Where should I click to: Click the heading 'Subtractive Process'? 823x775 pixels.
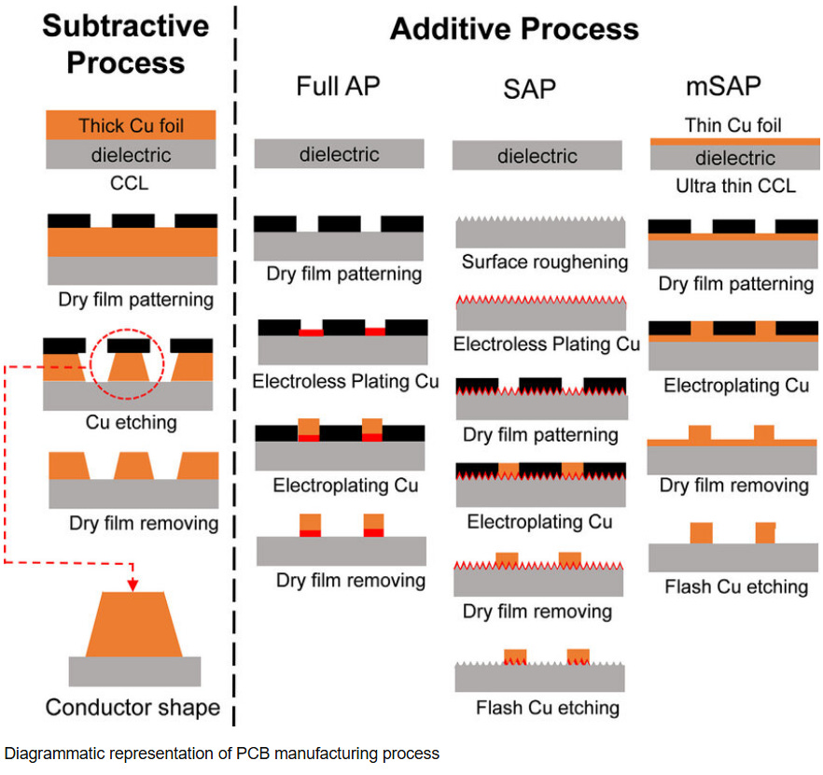pyautogui.click(x=113, y=45)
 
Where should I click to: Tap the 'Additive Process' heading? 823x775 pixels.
pyautogui.click(x=514, y=28)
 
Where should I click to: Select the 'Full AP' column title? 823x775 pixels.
pyautogui.click(x=339, y=87)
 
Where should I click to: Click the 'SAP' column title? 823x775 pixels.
pyautogui.click(x=529, y=90)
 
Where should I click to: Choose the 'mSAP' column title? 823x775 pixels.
pyautogui.click(x=722, y=87)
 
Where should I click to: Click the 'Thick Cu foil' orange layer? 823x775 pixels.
pyautogui.click(x=131, y=125)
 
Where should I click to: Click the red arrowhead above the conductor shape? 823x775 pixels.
pyautogui.click(x=133, y=585)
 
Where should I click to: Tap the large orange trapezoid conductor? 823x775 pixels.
pyautogui.click(x=134, y=625)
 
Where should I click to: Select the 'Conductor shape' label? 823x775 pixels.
pyautogui.click(x=133, y=707)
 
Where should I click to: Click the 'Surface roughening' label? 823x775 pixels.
pyautogui.click(x=544, y=262)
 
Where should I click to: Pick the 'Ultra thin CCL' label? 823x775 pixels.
pyautogui.click(x=735, y=186)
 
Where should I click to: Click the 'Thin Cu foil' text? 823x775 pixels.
pyautogui.click(x=732, y=125)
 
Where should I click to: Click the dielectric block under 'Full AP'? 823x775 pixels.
pyautogui.click(x=340, y=154)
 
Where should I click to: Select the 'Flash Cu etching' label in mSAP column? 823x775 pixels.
pyautogui.click(x=736, y=587)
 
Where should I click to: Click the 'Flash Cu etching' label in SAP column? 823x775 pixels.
pyautogui.click(x=547, y=707)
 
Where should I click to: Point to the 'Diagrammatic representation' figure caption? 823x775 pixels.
pyautogui.click(x=221, y=753)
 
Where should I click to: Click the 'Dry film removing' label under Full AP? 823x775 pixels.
pyautogui.click(x=350, y=580)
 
